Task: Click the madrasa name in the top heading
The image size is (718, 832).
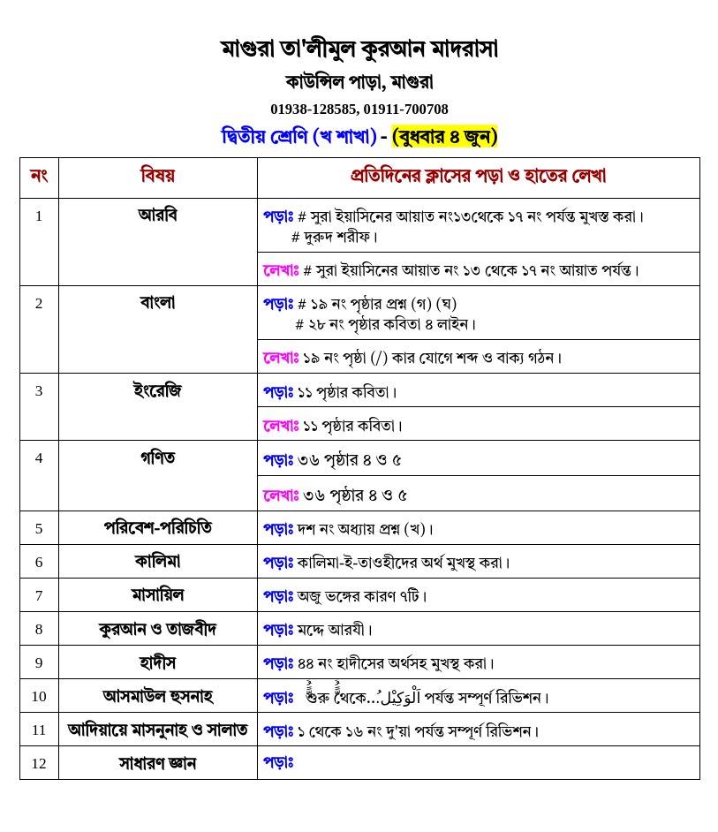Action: coord(359,49)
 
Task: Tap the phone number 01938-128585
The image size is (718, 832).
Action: coord(313,110)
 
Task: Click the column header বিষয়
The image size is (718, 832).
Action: coord(157,176)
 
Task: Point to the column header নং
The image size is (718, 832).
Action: coord(39,176)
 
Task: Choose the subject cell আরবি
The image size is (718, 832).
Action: coord(157,215)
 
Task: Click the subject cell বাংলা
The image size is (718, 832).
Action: coord(157,302)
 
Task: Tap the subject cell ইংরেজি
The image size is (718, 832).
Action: coord(157,390)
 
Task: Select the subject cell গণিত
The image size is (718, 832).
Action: coord(157,458)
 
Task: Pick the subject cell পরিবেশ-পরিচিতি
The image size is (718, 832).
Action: coord(157,528)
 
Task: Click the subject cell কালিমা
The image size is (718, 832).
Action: coord(157,562)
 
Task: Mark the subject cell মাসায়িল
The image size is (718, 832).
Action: coord(157,595)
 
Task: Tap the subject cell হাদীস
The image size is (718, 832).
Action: coord(157,662)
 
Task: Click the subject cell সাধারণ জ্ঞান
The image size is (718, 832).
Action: coord(157,763)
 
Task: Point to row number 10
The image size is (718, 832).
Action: coord(39,696)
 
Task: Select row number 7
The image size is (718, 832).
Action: coord(39,595)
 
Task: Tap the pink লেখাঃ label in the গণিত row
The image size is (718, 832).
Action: coord(282,495)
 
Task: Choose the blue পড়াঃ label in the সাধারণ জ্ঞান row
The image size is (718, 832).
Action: coord(278,761)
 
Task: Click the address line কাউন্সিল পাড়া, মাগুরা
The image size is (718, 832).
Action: coord(359,82)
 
